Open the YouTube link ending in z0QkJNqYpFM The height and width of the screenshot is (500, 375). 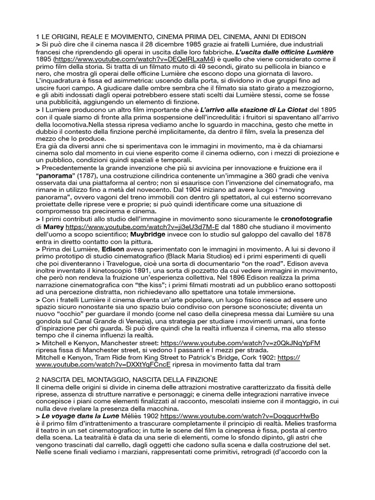click(240, 344)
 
